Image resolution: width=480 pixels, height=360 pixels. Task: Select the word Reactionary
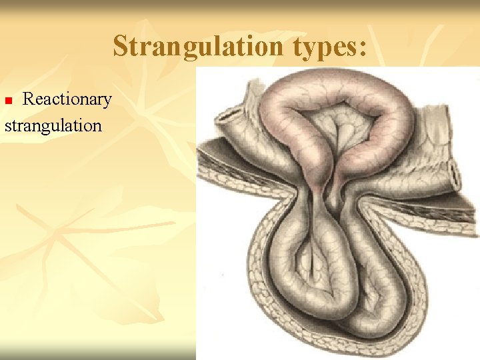(x=67, y=99)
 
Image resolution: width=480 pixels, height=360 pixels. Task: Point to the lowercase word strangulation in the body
(x=53, y=125)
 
